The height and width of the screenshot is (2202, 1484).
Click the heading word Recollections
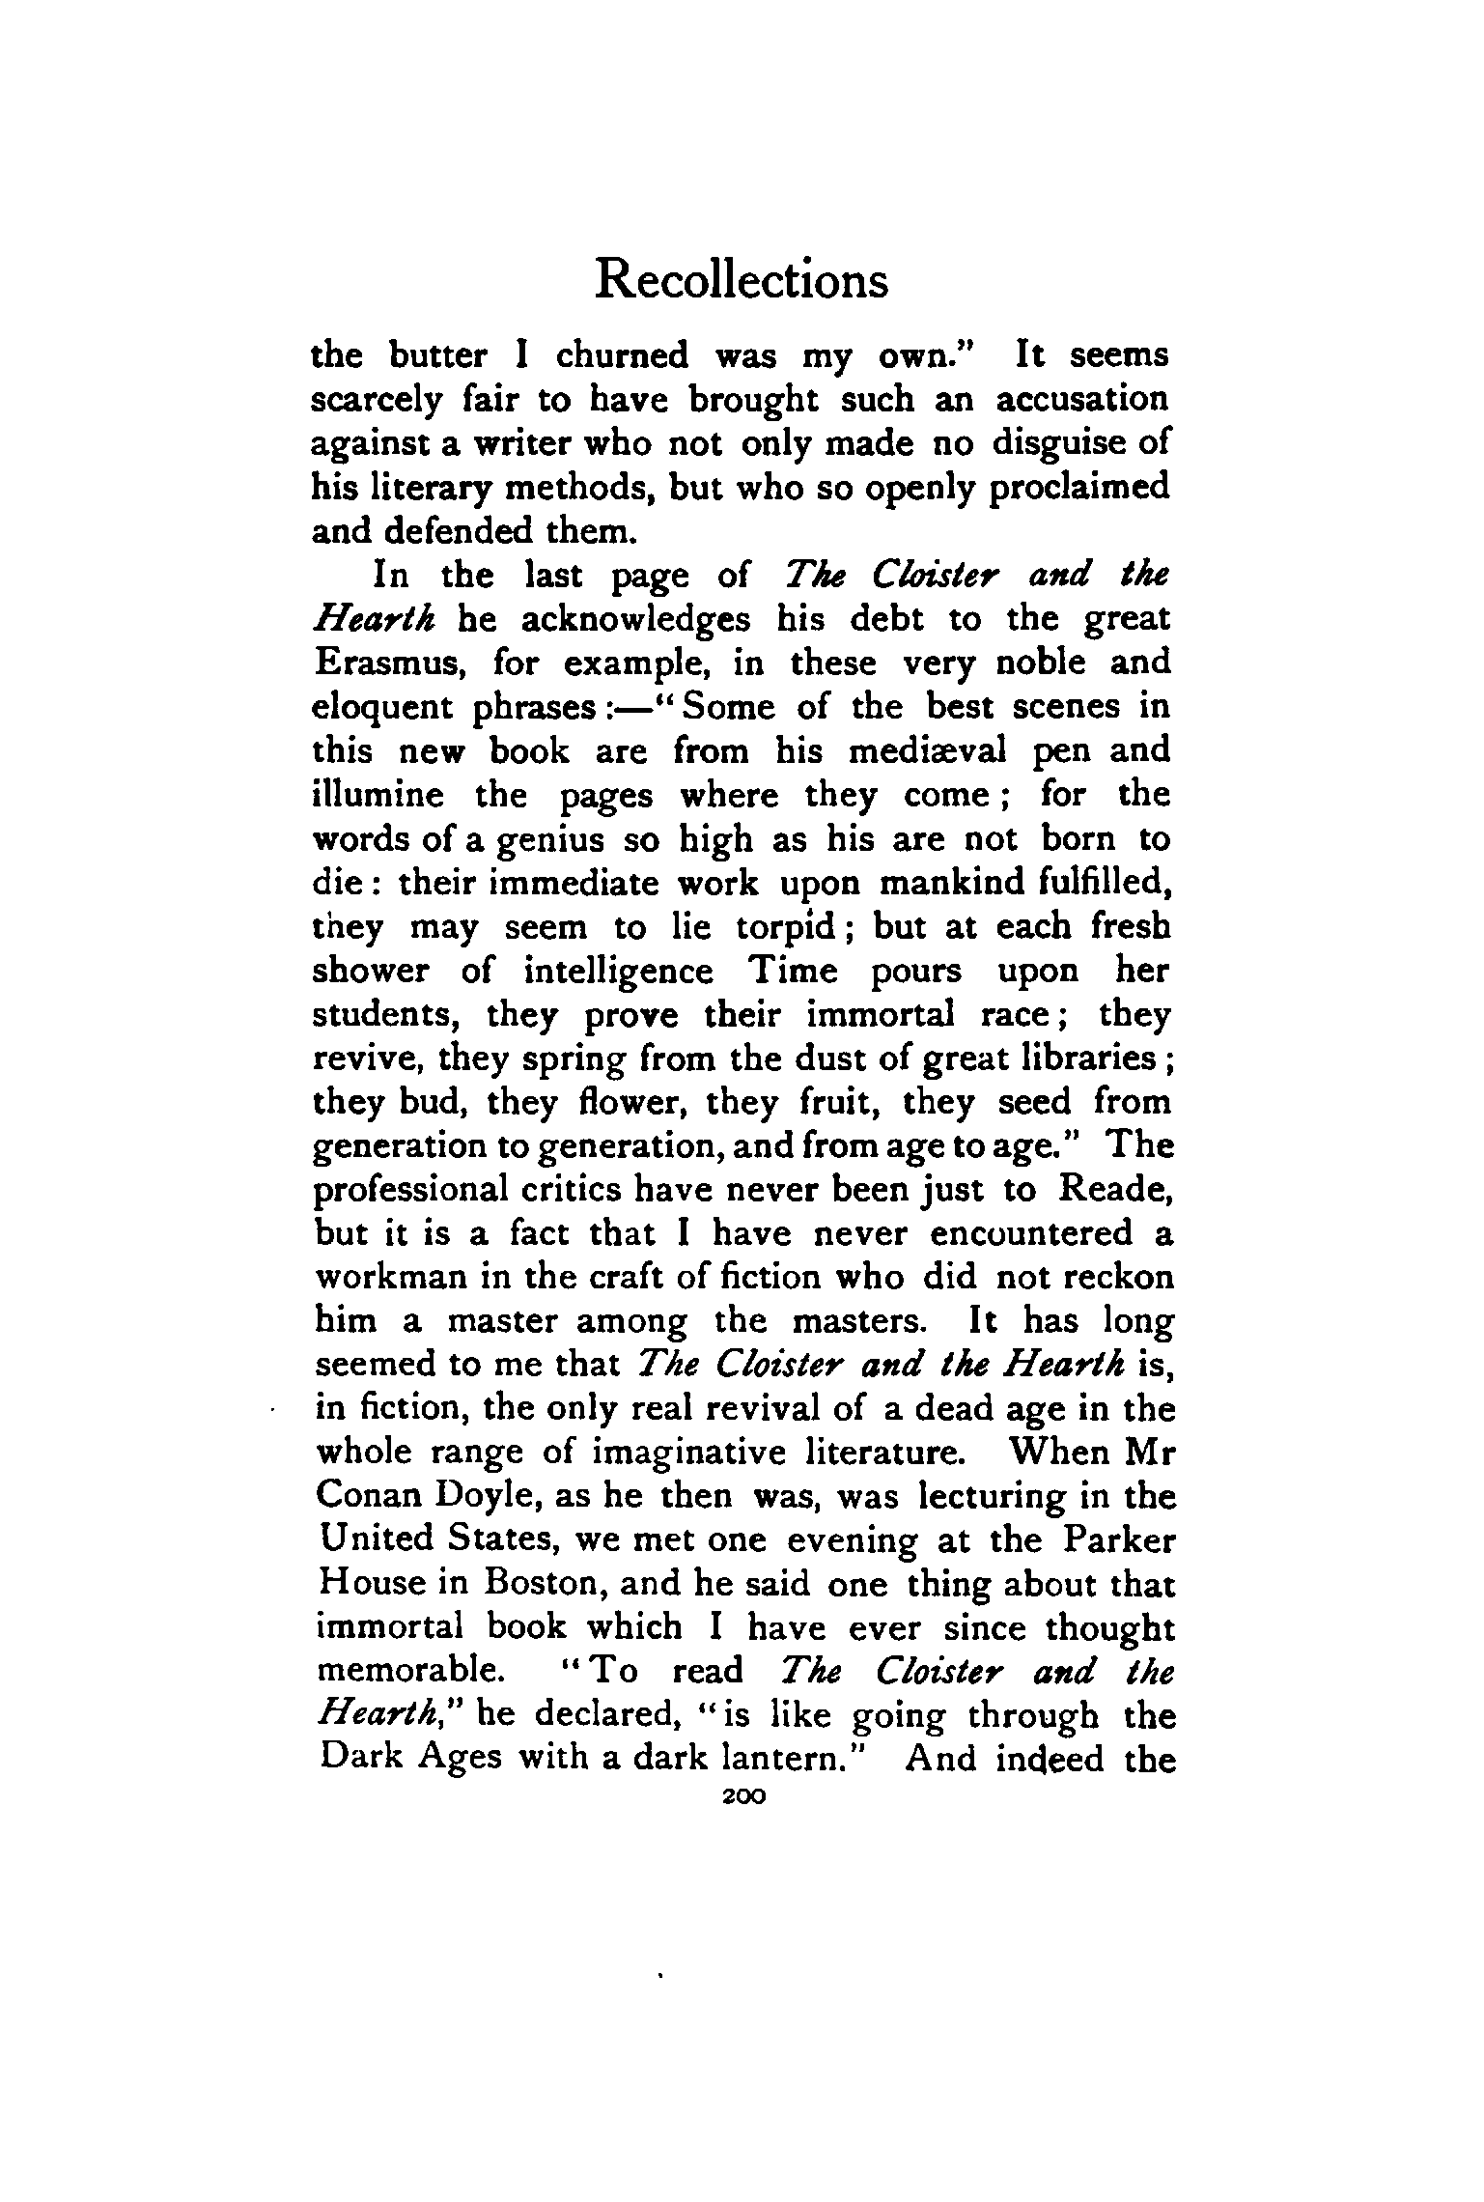tap(741, 281)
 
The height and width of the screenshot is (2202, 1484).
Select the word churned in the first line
tap(622, 356)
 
